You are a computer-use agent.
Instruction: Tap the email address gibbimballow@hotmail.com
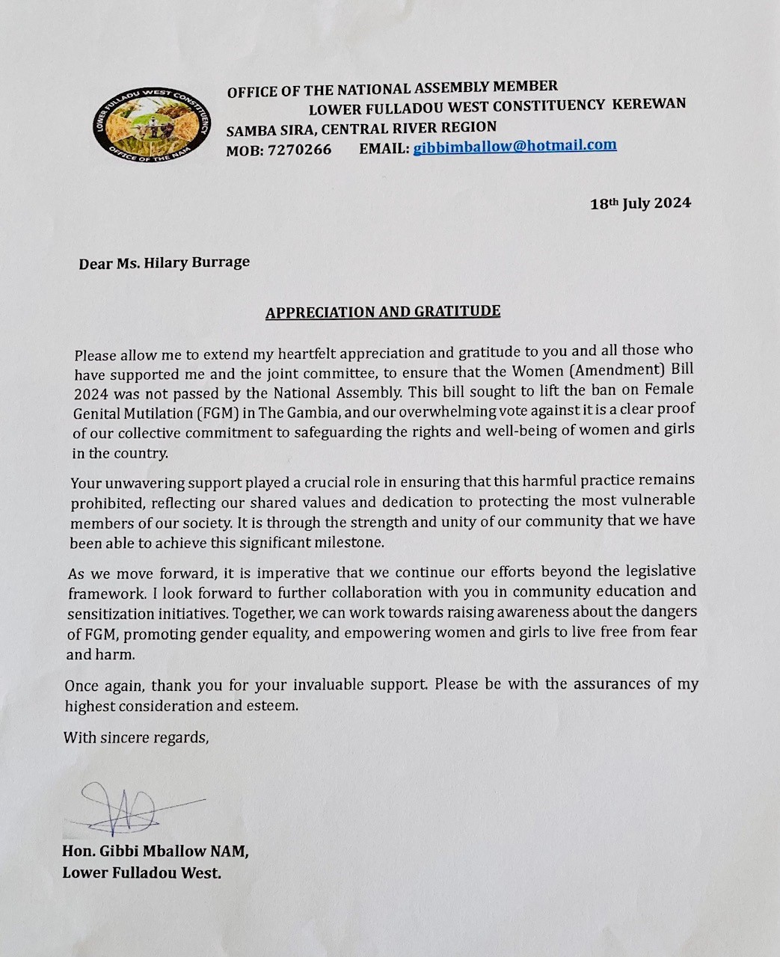click(515, 146)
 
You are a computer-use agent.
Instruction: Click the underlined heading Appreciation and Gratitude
click(383, 312)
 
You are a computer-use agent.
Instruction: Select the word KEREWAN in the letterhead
click(648, 104)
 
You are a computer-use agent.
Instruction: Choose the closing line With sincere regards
click(136, 738)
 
